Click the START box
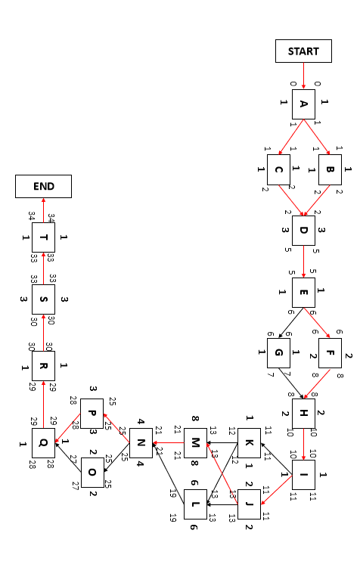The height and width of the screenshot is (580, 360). (x=303, y=51)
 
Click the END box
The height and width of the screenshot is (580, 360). (x=44, y=186)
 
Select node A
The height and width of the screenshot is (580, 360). (x=303, y=104)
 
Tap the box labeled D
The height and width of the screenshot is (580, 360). (x=303, y=230)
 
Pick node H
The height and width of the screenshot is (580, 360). (x=303, y=414)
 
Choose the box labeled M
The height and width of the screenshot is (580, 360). (x=195, y=442)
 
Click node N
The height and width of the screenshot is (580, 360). (x=141, y=442)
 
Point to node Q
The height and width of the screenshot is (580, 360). (x=44, y=442)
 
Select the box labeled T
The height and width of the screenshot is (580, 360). (x=44, y=237)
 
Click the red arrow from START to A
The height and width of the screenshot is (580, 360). (x=303, y=76)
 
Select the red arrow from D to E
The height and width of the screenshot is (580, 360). (x=303, y=262)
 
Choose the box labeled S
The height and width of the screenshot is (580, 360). (x=44, y=299)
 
